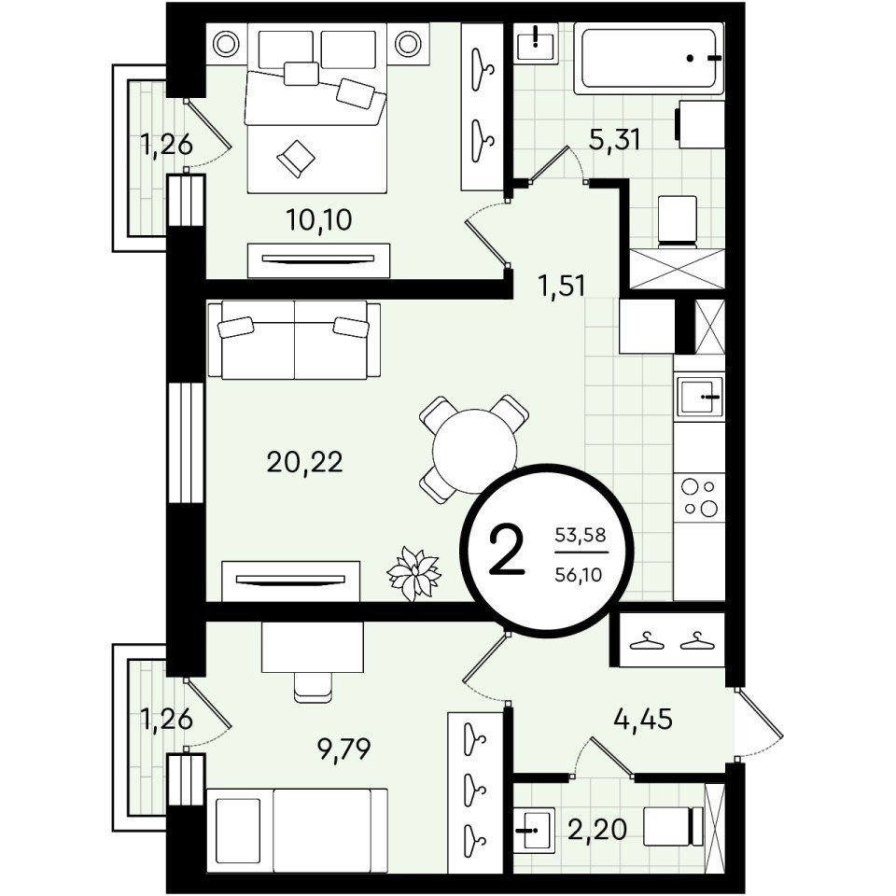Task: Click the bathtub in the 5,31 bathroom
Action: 649,58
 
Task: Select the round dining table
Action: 474,450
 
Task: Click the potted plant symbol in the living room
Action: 413,574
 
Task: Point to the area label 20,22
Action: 304,462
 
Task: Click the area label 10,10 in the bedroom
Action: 319,220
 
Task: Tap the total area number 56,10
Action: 579,574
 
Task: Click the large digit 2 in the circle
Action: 508,552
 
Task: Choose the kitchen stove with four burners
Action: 700,497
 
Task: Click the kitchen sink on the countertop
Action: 700,396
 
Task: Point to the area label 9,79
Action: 344,749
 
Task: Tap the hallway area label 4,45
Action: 643,719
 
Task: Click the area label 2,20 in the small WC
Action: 597,829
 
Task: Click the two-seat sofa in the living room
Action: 294,340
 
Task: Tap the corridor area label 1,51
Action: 562,286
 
